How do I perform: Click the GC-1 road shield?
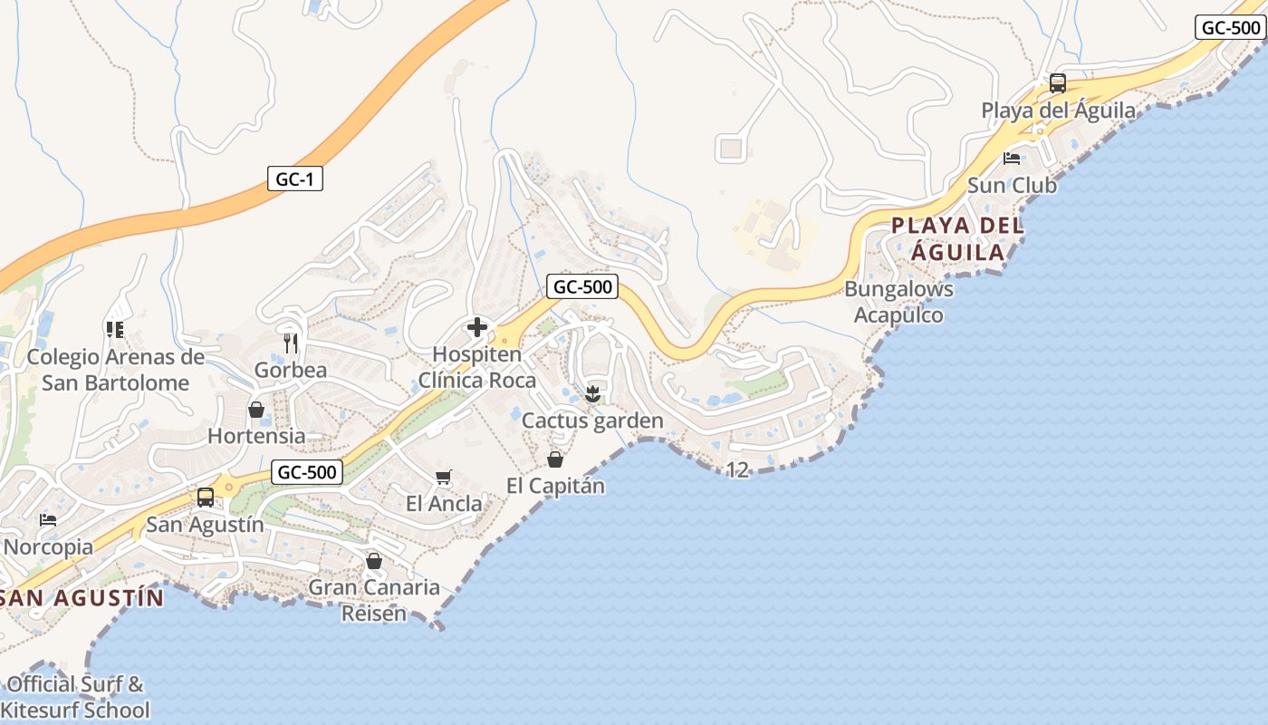[295, 179]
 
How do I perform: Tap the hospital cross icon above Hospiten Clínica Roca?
[476, 327]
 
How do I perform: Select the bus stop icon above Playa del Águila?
[1057, 83]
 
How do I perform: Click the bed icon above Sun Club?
[1012, 159]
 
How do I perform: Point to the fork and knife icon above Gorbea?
[291, 343]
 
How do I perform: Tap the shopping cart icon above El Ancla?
[443, 478]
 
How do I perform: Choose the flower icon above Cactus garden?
[592, 393]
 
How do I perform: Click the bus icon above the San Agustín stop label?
[206, 498]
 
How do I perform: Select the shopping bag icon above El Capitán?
[555, 459]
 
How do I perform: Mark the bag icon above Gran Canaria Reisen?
[373, 561]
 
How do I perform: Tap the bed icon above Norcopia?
[48, 520]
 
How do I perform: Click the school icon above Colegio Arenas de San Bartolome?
[114, 330]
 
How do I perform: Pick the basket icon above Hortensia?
[256, 410]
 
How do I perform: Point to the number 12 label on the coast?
[738, 469]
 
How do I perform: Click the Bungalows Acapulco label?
[898, 302]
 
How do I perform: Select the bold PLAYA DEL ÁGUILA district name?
[958, 238]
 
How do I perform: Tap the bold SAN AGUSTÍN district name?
[83, 598]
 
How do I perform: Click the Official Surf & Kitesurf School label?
[76, 696]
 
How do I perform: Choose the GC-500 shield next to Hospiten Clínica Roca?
[582, 287]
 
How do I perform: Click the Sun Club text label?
[1012, 185]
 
